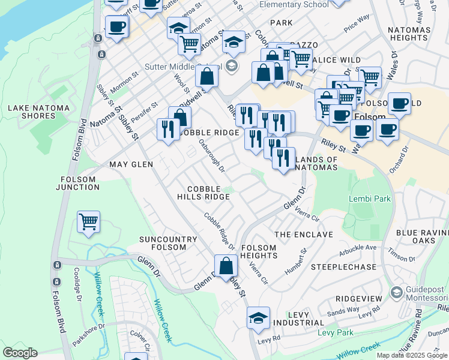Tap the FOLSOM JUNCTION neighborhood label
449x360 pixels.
pyautogui.click(x=78, y=183)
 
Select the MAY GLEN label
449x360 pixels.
pyautogui.click(x=131, y=164)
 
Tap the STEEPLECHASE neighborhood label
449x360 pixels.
pyautogui.click(x=343, y=266)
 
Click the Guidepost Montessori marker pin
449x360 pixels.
pyautogui.click(x=396, y=292)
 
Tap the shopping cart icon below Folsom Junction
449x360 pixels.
pyautogui.click(x=89, y=221)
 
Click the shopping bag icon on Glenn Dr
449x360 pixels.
pyautogui.click(x=226, y=265)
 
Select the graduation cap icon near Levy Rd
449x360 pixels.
pyautogui.click(x=258, y=318)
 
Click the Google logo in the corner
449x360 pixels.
pyautogui.click(x=20, y=353)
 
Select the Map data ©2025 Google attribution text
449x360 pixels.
pyautogui.click(x=412, y=355)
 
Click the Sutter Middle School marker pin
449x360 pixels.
pyautogui.click(x=234, y=66)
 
